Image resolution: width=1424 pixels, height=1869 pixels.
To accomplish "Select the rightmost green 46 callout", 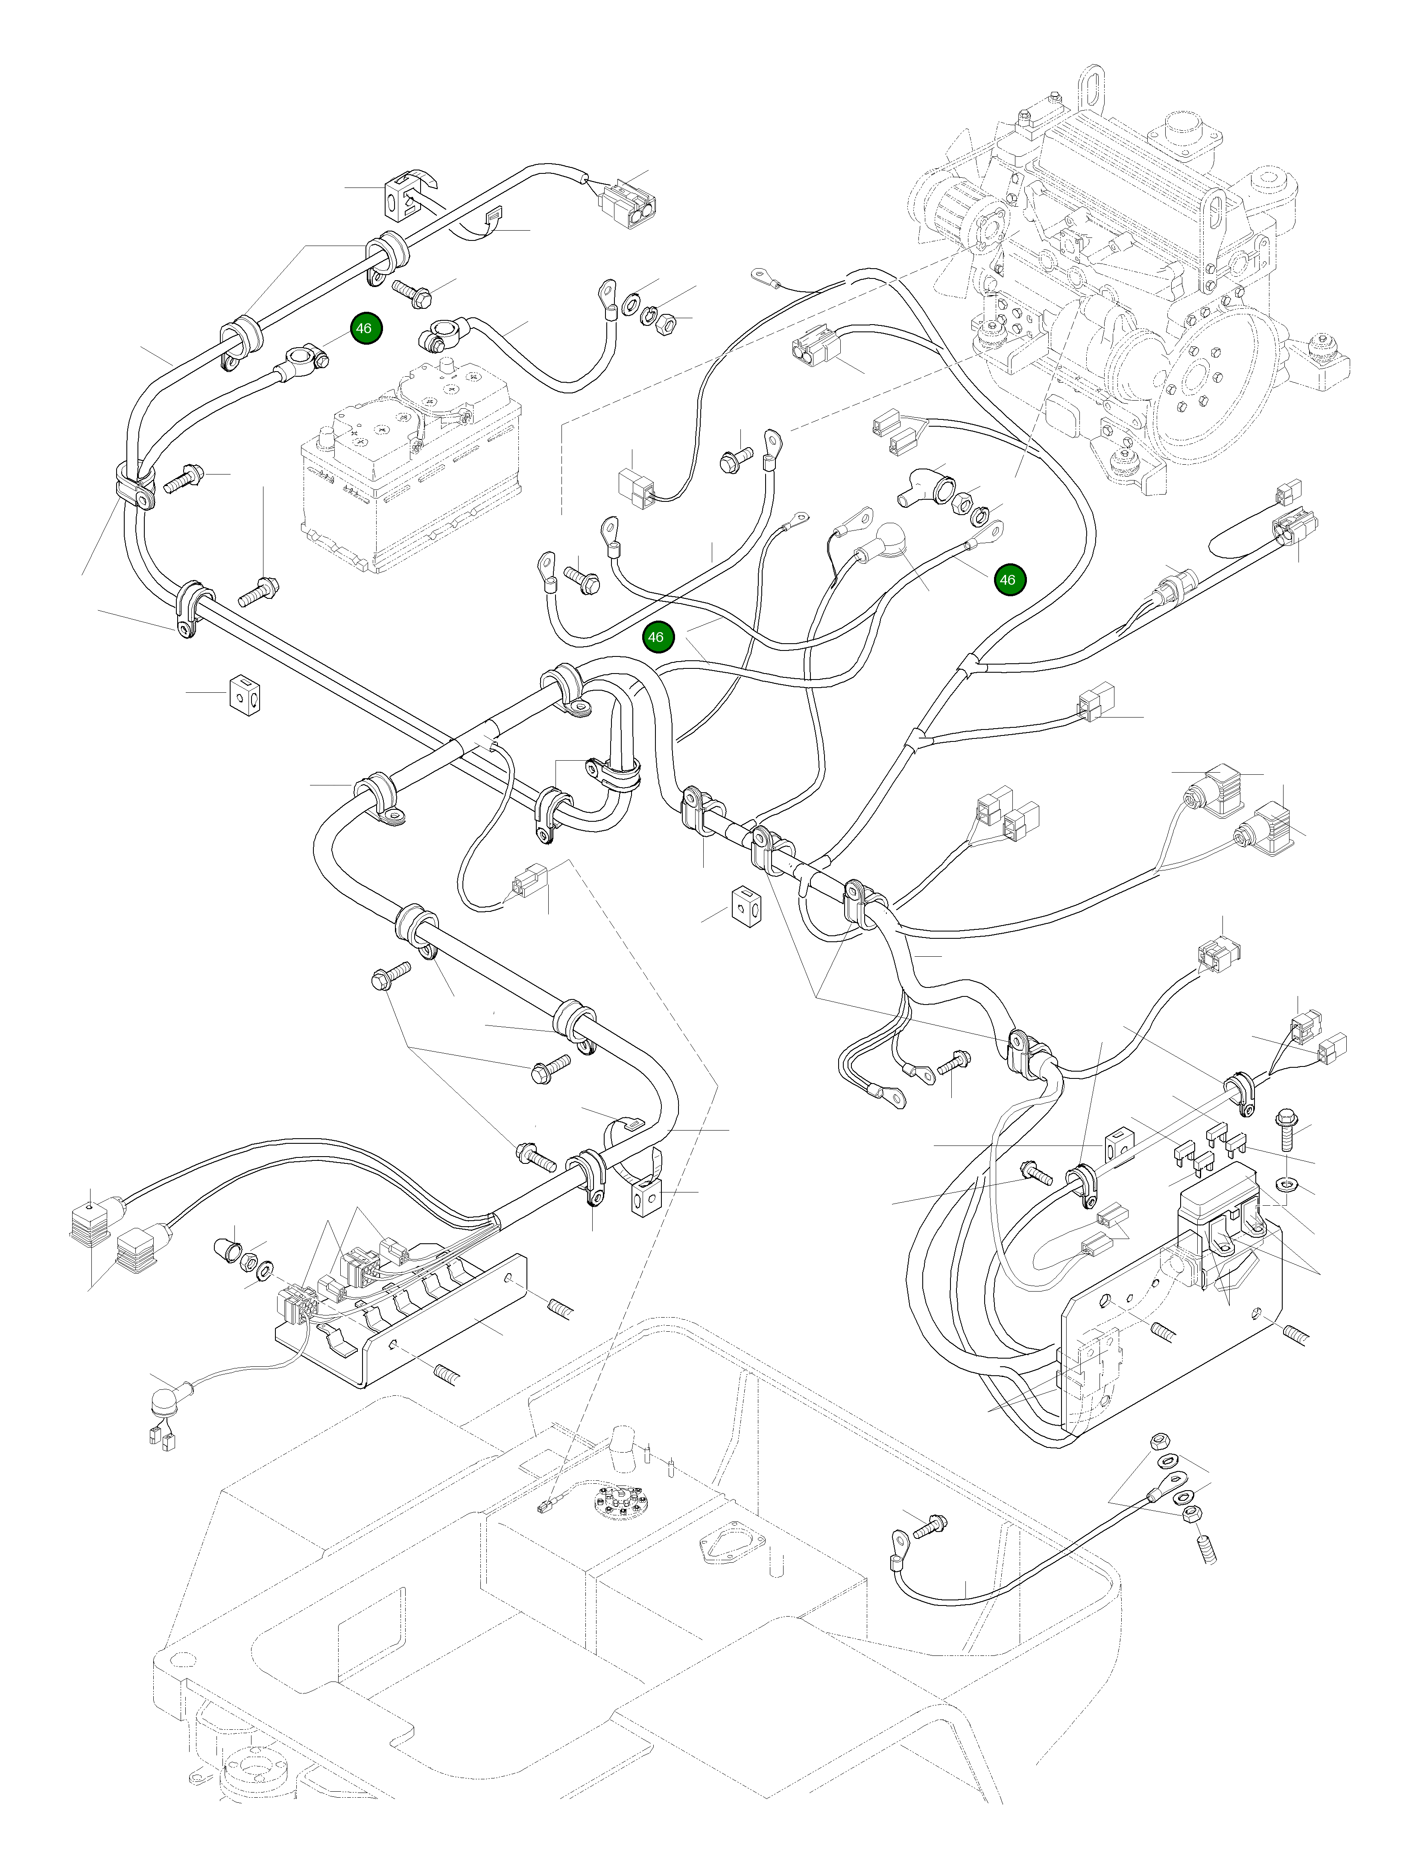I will click(x=1008, y=580).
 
